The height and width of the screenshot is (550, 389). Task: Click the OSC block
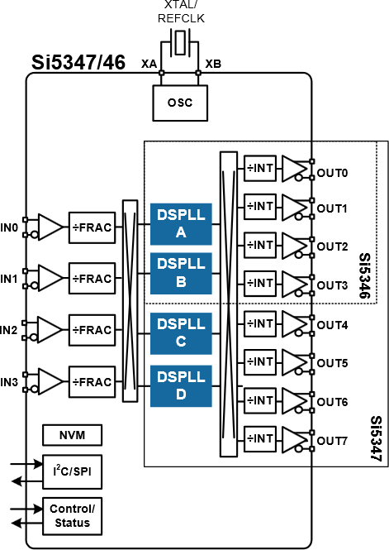tap(180, 103)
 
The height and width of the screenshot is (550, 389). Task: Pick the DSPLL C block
tap(181, 332)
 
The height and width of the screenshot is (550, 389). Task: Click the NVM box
tap(72, 435)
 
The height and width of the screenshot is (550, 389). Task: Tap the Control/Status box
tap(72, 516)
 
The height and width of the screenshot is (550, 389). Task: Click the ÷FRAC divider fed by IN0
tap(92, 226)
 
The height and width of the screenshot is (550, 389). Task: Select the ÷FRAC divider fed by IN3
tap(92, 382)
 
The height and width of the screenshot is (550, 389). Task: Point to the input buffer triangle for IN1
tap(50, 278)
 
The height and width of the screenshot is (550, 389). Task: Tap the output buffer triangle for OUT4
tap(294, 323)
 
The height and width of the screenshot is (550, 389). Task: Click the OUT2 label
tap(333, 246)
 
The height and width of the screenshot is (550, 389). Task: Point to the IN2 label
tap(9, 330)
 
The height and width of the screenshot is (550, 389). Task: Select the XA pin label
tap(149, 64)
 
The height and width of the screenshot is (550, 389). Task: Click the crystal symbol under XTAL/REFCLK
tap(179, 41)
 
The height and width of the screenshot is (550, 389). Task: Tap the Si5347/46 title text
tap(78, 63)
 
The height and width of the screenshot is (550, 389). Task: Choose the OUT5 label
tap(333, 363)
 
